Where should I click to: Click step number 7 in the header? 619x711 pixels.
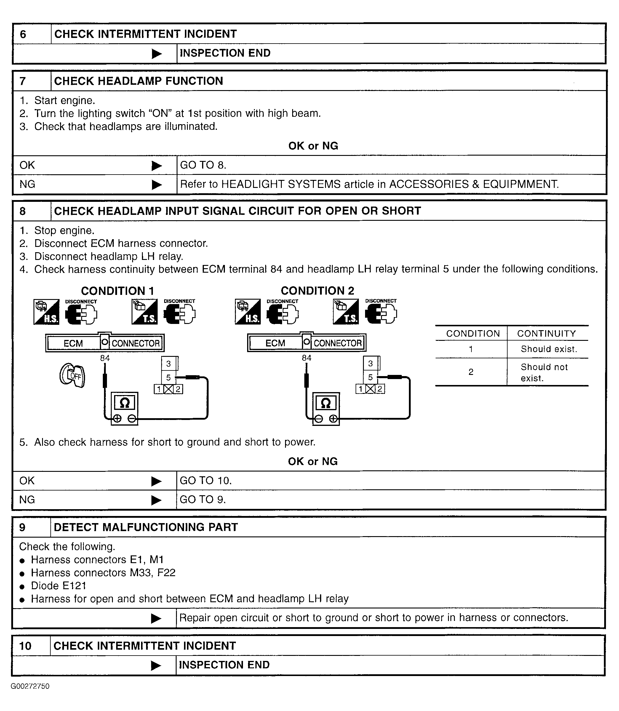coord(23,81)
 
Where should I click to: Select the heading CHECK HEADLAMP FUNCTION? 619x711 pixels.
coord(138,81)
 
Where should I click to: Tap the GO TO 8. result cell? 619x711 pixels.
coord(203,165)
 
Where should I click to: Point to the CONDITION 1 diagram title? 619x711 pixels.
coord(117,291)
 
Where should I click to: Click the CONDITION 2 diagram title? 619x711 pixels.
coord(317,291)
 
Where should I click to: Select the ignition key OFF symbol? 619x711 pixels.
coord(73,376)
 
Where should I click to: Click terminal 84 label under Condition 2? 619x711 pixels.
coord(306,358)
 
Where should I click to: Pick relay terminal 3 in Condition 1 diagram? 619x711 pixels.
coord(169,364)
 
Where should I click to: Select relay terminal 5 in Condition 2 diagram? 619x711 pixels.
coord(370,377)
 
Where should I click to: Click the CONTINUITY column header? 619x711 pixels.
coord(546,334)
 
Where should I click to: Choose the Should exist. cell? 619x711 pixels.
coord(549,349)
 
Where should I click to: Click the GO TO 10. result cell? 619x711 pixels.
coord(206,480)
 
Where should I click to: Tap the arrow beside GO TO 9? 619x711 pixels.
coord(156,500)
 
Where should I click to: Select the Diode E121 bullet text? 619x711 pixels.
coord(58,586)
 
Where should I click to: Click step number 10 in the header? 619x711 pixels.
coord(25,646)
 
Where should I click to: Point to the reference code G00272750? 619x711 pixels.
coord(30,686)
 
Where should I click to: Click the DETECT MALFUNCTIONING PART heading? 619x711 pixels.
coord(146,527)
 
